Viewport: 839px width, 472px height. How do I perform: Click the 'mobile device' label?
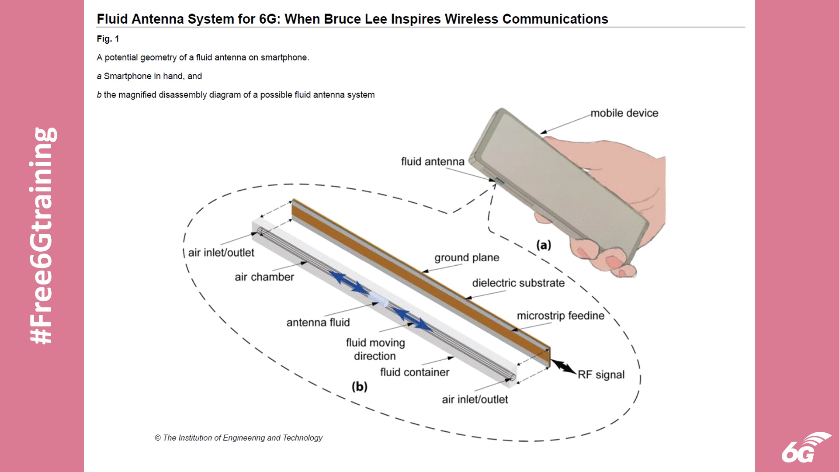tap(624, 113)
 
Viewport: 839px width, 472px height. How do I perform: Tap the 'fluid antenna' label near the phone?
tap(433, 162)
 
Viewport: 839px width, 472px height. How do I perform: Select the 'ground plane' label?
tap(467, 257)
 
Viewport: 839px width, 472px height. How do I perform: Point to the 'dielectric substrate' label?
tap(518, 283)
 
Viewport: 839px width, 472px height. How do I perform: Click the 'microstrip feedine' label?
tap(560, 316)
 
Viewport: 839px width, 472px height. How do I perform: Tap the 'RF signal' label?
tap(601, 375)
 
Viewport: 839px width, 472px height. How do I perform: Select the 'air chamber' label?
tap(264, 277)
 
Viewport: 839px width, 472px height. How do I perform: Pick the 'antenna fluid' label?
tap(318, 323)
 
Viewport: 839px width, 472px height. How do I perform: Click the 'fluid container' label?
tap(414, 372)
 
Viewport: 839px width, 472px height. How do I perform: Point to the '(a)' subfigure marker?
tap(544, 245)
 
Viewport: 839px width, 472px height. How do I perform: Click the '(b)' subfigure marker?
tap(359, 387)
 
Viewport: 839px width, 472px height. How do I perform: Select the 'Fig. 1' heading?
tap(108, 39)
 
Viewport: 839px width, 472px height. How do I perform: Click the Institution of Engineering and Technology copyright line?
tap(239, 438)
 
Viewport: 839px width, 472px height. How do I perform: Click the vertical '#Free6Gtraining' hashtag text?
tap(42, 236)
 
